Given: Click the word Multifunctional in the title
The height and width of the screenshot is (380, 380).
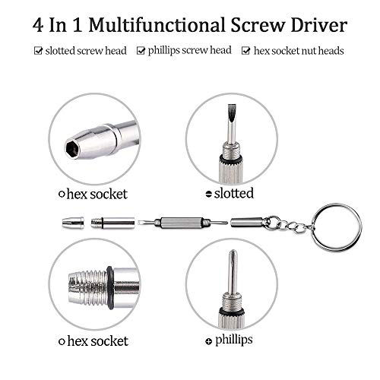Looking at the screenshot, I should pyautogui.click(x=169, y=24).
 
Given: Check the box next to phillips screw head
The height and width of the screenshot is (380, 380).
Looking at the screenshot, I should pyautogui.click(x=141, y=52).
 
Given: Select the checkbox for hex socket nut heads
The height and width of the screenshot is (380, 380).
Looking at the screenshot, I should pyautogui.click(x=245, y=52).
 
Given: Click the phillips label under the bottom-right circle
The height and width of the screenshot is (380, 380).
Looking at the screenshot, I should pyautogui.click(x=236, y=339).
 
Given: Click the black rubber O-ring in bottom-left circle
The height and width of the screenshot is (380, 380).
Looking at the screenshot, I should pyautogui.click(x=110, y=282).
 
